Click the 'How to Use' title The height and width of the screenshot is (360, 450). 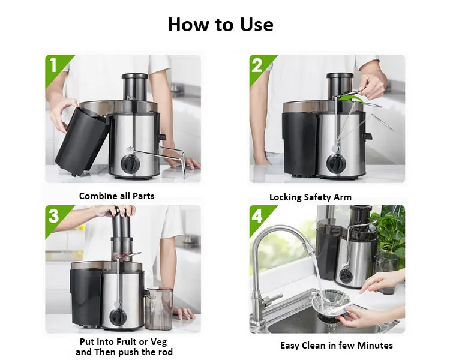pyautogui.click(x=220, y=25)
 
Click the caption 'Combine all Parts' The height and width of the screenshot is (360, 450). pyautogui.click(x=117, y=196)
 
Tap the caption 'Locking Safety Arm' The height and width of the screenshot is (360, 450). pyautogui.click(x=310, y=197)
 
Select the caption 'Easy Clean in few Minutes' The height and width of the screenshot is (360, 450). pyautogui.click(x=337, y=346)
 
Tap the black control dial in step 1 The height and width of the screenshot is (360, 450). pyautogui.click(x=130, y=164)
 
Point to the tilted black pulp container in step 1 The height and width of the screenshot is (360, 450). pyautogui.click(x=82, y=141)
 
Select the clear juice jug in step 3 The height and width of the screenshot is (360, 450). pyautogui.click(x=159, y=308)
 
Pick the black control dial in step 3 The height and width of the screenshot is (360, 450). pyautogui.click(x=118, y=317)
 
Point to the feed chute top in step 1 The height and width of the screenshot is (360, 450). pyautogui.click(x=135, y=76)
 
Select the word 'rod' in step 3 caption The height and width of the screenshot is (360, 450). pyautogui.click(x=166, y=352)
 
